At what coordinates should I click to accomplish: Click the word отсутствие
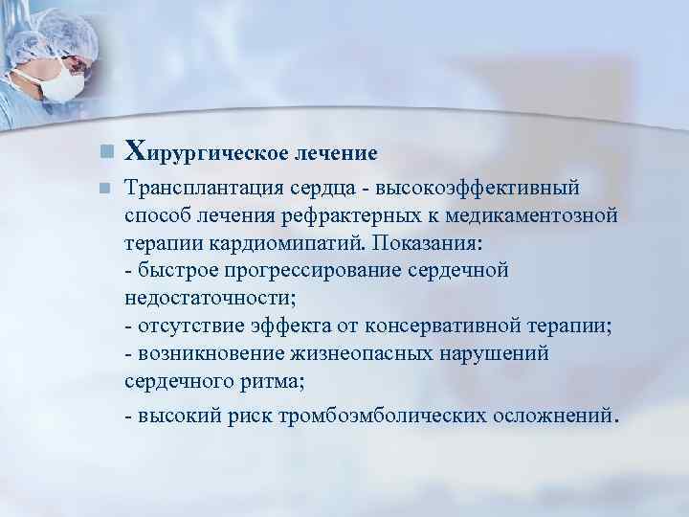(x=186, y=324)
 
